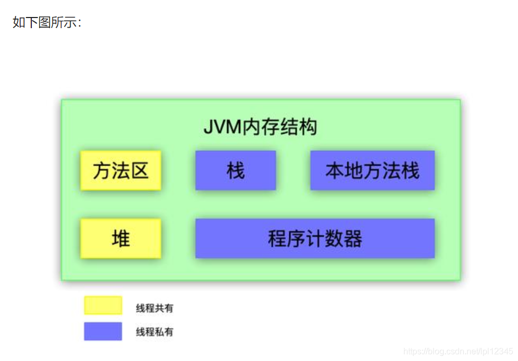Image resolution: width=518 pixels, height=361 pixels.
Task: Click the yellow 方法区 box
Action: pyautogui.click(x=120, y=170)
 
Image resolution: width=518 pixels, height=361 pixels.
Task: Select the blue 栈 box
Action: pyautogui.click(x=235, y=170)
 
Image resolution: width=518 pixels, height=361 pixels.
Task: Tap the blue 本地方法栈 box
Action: pyautogui.click(x=372, y=170)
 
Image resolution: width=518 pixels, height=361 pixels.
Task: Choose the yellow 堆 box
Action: pyautogui.click(x=120, y=238)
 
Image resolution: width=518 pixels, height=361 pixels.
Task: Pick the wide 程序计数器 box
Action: pyautogui.click(x=315, y=238)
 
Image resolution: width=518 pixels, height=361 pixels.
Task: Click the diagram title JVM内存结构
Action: pyautogui.click(x=260, y=127)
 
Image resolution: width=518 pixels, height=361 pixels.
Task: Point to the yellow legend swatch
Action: pyautogui.click(x=103, y=305)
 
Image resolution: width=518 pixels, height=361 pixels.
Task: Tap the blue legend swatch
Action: pyautogui.click(x=103, y=331)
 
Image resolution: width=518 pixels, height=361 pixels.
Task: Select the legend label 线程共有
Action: pyautogui.click(x=154, y=307)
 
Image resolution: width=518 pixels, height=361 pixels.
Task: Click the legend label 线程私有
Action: pyautogui.click(x=154, y=332)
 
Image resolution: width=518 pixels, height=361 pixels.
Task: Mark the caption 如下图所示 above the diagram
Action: pyautogui.click(x=47, y=23)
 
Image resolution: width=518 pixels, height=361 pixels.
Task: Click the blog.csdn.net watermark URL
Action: pyautogui.click(x=458, y=351)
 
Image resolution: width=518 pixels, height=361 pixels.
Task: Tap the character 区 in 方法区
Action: pyautogui.click(x=139, y=170)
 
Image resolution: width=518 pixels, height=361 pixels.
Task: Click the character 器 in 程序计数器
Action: pyautogui.click(x=353, y=239)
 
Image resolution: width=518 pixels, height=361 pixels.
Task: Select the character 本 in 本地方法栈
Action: pyautogui.click(x=335, y=171)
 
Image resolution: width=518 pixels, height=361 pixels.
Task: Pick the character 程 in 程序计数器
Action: pyautogui.click(x=278, y=239)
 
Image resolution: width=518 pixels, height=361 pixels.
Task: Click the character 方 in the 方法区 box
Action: pyautogui.click(x=102, y=170)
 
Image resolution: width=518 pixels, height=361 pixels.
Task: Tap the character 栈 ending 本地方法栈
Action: pyautogui.click(x=410, y=171)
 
